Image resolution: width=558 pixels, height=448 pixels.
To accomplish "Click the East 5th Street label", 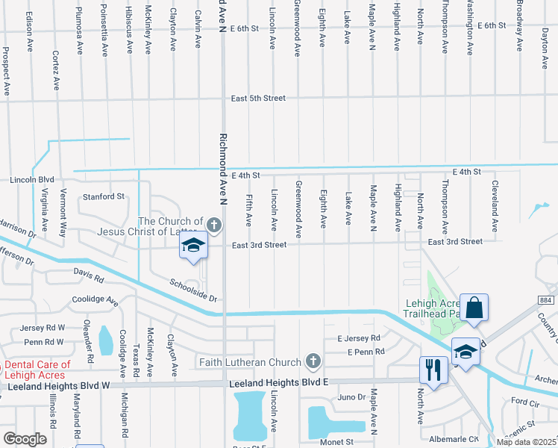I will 258,98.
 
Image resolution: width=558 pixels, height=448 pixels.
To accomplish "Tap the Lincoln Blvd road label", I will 32,180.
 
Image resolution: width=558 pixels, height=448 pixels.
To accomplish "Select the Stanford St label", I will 103,196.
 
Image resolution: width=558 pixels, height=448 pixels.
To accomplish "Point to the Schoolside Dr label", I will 192,290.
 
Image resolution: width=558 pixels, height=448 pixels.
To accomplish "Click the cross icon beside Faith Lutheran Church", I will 313,362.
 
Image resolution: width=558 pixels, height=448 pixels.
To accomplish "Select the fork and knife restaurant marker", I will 432,368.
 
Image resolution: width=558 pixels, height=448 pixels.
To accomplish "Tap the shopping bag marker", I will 474,307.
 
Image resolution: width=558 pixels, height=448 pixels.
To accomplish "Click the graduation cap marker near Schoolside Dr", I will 193,246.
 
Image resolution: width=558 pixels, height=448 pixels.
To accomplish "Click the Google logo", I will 25,438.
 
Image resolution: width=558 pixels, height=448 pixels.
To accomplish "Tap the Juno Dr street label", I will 351,397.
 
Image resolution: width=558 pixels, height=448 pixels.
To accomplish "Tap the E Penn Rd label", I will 366,351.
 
